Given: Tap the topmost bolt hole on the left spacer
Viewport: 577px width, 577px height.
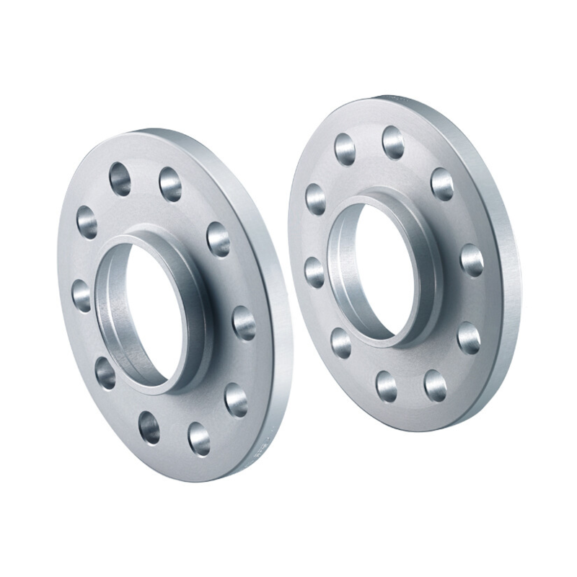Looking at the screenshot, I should [120, 178].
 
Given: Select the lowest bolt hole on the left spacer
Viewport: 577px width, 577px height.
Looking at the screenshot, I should [198, 437].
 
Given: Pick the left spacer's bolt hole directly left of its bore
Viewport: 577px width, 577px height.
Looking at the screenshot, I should [82, 295].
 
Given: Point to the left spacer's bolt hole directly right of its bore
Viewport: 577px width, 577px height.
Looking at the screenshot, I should [244, 322].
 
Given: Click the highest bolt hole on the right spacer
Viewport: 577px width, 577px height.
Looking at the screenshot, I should [393, 142].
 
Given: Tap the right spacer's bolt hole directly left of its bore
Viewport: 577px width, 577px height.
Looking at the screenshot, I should [314, 271].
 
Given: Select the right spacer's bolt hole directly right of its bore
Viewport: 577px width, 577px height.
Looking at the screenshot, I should [472, 260].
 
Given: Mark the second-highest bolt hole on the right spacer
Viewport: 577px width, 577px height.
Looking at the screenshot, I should [345, 149].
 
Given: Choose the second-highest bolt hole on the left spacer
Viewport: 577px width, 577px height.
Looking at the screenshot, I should [170, 184].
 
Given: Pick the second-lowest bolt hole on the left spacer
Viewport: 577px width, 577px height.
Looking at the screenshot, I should [149, 428].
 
